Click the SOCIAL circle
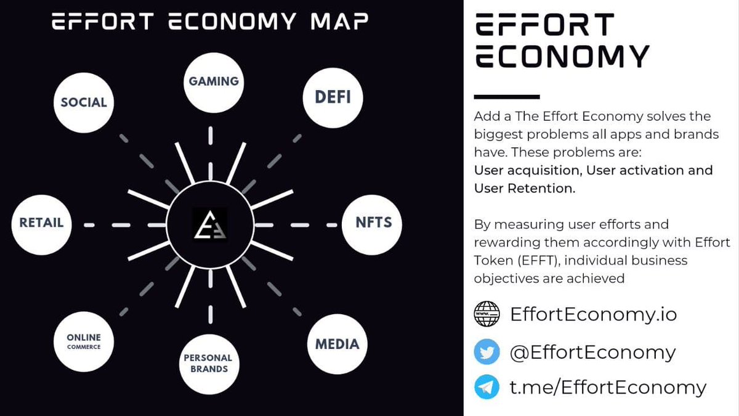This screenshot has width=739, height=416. (84, 102)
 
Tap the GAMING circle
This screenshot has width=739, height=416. (213, 81)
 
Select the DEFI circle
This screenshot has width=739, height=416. (333, 97)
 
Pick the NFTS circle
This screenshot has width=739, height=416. (373, 222)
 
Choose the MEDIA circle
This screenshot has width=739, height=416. (336, 344)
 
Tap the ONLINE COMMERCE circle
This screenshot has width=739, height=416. (84, 341)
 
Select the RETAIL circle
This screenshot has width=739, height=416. (41, 223)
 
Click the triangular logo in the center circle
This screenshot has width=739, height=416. (210, 225)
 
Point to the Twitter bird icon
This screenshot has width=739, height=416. (487, 353)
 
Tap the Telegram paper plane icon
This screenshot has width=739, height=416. (487, 387)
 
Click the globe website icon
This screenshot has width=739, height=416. (487, 314)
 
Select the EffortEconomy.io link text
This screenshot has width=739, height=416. (593, 314)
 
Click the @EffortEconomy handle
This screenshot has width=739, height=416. (592, 353)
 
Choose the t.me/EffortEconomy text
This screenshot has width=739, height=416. (608, 387)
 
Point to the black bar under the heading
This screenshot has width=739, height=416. (506, 97)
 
